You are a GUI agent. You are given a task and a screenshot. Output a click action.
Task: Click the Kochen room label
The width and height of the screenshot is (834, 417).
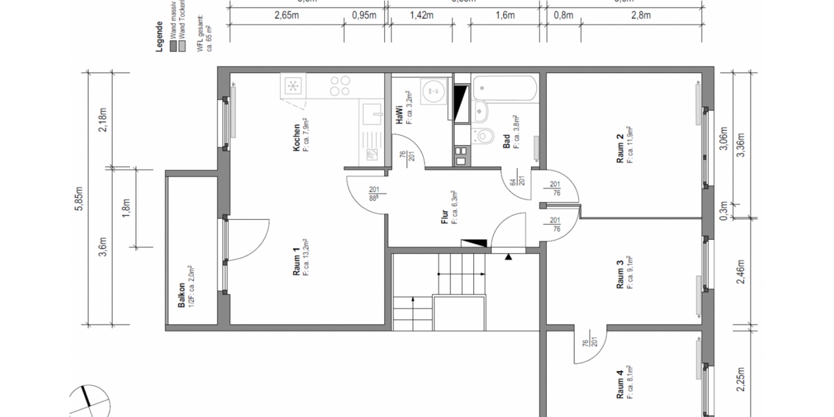(297, 138)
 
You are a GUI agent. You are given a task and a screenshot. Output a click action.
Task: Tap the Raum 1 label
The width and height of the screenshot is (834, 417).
(297, 262)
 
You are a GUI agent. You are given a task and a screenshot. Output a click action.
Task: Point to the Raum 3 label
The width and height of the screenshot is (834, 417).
(620, 272)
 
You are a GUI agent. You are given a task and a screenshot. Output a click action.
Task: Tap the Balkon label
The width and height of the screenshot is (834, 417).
(181, 295)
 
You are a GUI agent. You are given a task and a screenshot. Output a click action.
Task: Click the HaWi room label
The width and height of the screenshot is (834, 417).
(400, 115)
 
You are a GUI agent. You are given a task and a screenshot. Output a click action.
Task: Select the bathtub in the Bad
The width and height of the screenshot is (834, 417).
(505, 88)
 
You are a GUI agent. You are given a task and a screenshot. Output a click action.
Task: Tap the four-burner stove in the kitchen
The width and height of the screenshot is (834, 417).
(340, 86)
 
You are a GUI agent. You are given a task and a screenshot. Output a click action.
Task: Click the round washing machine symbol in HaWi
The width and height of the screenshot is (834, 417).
(436, 89)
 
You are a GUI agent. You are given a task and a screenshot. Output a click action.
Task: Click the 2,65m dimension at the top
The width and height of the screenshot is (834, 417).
(286, 15)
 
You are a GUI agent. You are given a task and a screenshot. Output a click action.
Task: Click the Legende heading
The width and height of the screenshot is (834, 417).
(159, 36)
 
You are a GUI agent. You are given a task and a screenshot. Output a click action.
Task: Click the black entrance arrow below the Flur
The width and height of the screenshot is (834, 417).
(509, 256)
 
